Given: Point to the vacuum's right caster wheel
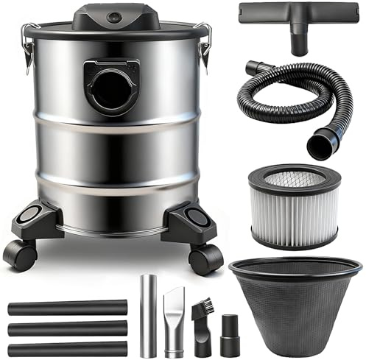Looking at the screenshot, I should tap(206, 258).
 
